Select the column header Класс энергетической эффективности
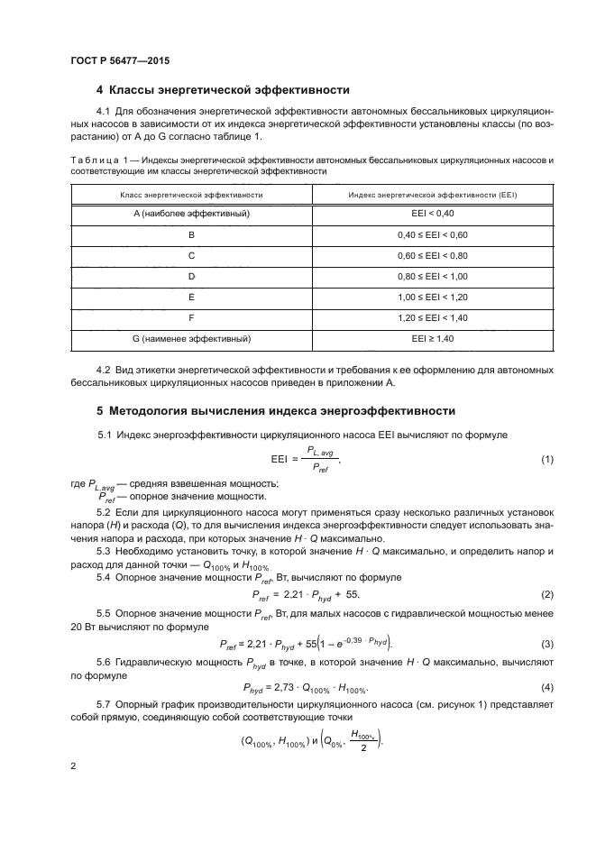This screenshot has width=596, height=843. pyautogui.click(x=191, y=194)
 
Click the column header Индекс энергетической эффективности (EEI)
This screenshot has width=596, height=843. pyautogui.click(x=433, y=194)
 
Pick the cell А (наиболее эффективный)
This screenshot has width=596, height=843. pyautogui.click(x=191, y=214)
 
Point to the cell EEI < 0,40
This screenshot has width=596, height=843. pyautogui.click(x=433, y=214)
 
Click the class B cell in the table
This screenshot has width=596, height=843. pyautogui.click(x=191, y=234)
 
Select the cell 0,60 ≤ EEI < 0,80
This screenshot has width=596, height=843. pyautogui.click(x=433, y=255)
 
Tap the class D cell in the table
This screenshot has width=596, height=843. pyautogui.click(x=191, y=276)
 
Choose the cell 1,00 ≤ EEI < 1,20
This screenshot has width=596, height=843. pyautogui.click(x=433, y=297)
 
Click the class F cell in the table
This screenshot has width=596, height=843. pyautogui.click(x=191, y=317)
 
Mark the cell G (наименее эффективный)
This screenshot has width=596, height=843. pyautogui.click(x=191, y=338)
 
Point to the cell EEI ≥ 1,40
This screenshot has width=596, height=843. pyautogui.click(x=433, y=338)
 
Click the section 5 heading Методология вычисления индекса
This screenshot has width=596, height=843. pyautogui.click(x=275, y=410)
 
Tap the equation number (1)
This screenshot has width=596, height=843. pyautogui.click(x=546, y=460)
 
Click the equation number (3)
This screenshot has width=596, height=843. pyautogui.click(x=546, y=644)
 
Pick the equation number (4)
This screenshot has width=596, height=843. pyautogui.click(x=546, y=688)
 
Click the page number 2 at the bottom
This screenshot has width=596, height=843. pyautogui.click(x=74, y=766)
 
